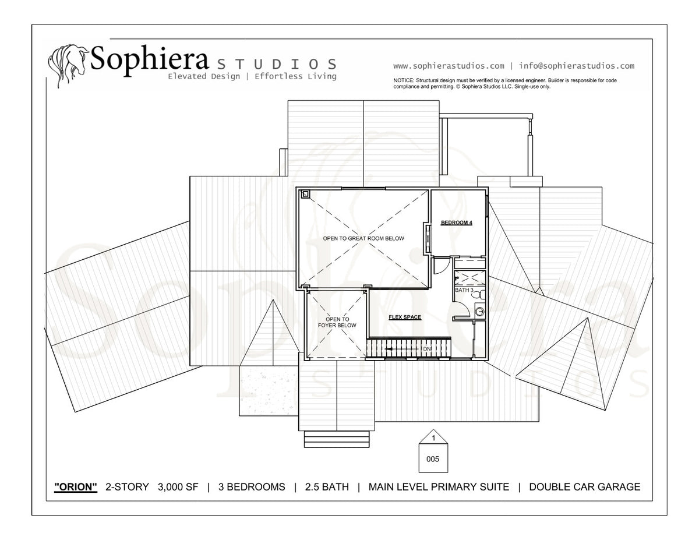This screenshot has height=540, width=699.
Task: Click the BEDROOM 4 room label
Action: tap(457, 223)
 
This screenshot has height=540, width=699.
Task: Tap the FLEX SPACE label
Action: tap(405, 317)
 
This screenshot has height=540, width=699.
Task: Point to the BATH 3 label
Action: tap(464, 290)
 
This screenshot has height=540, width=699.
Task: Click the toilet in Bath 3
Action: tap(480, 294)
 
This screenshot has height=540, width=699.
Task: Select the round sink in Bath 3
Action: tap(480, 311)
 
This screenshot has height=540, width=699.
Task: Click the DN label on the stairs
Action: tap(427, 349)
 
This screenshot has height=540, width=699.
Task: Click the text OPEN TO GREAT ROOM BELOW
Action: tap(363, 238)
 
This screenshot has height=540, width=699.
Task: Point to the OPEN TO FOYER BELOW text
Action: tap(337, 322)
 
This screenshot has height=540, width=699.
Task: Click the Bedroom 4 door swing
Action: tap(442, 266)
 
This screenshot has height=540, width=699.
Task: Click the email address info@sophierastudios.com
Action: tap(577, 66)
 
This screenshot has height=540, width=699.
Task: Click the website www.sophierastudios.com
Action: tap(449, 66)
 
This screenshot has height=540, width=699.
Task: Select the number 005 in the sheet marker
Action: tap(433, 459)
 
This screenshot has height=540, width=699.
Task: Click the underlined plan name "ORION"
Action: tap(76, 487)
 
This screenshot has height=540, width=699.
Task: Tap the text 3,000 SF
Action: tap(178, 487)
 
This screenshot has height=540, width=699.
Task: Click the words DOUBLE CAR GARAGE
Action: tap(585, 487)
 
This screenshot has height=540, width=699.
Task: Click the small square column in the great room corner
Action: tap(305, 194)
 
